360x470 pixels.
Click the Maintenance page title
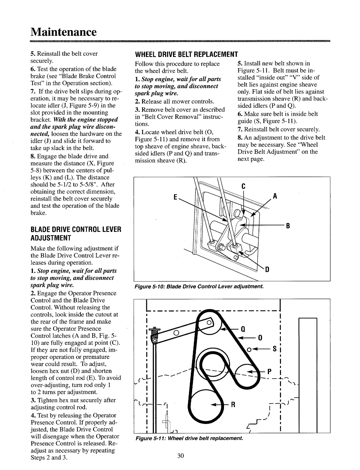(x=64, y=32)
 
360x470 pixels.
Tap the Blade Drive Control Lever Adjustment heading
(x=76, y=233)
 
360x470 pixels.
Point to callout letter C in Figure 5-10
(x=244, y=187)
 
